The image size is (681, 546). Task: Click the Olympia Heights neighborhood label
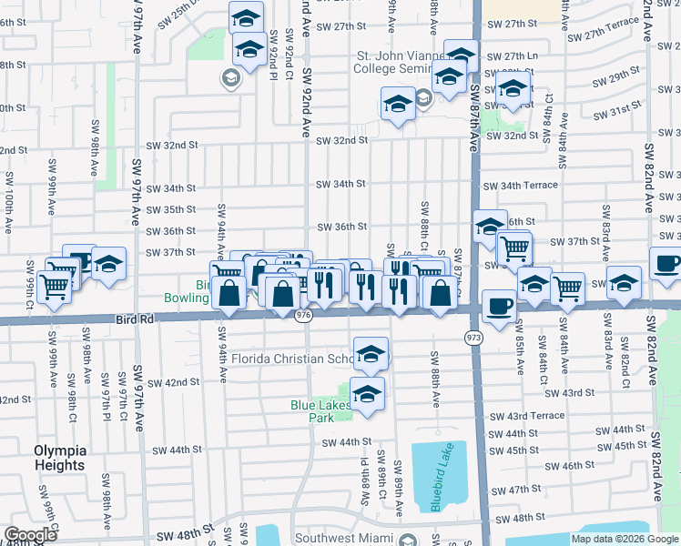(x=60, y=458)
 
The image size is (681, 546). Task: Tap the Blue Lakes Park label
(x=314, y=411)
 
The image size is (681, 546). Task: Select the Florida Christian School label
(x=291, y=359)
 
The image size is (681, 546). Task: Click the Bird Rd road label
(x=133, y=319)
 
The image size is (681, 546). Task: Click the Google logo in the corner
(x=30, y=534)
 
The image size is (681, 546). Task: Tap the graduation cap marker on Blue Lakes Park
(x=367, y=394)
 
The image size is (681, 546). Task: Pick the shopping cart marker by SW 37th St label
(x=514, y=246)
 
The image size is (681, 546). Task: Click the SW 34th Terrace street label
(x=520, y=186)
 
